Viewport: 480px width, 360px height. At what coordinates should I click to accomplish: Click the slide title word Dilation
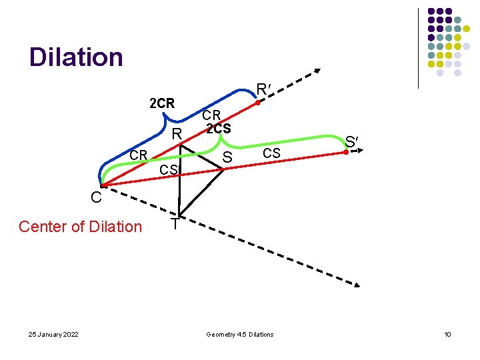tap(76, 57)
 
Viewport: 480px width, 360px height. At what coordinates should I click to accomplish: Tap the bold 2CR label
tap(161, 103)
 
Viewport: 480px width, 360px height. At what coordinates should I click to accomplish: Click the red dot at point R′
tap(259, 103)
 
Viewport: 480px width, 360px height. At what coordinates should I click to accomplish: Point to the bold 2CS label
tap(219, 129)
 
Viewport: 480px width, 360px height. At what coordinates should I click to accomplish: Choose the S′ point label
tap(352, 141)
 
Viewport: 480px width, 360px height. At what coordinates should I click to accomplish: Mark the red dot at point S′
tap(345, 153)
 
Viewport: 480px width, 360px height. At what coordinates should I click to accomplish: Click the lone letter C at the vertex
tap(97, 197)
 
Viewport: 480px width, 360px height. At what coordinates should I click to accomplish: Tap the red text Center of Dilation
tap(80, 227)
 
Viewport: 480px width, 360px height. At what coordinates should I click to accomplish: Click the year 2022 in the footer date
tap(68, 334)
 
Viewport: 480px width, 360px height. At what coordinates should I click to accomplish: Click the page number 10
tap(447, 334)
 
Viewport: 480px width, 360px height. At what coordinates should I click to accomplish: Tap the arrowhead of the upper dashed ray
tap(317, 72)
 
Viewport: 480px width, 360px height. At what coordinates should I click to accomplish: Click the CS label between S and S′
tap(271, 153)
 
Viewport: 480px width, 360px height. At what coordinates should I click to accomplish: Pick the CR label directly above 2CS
tap(216, 115)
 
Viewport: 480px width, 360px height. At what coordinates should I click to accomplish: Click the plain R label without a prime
tap(177, 135)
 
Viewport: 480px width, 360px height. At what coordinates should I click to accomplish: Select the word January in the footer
tap(46, 334)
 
